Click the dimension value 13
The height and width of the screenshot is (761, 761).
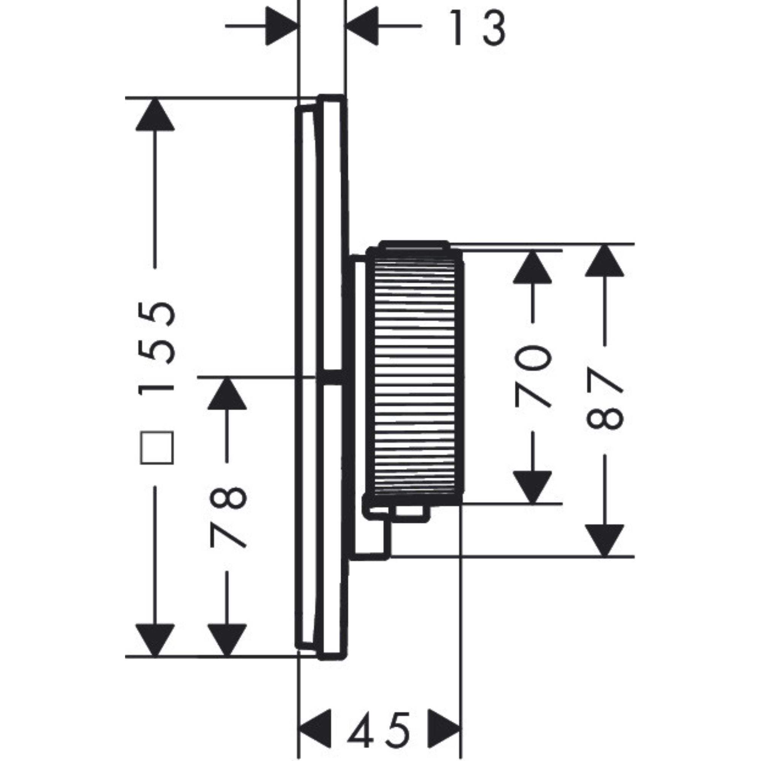[x=478, y=27]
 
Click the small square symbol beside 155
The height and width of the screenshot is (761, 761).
[x=157, y=448]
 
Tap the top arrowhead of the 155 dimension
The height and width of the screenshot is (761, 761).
[x=155, y=115]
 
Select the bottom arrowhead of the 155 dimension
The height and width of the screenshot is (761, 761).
[x=155, y=639]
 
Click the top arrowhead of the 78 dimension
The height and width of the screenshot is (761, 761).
[x=227, y=394]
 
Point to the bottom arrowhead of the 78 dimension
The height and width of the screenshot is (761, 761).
[x=227, y=639]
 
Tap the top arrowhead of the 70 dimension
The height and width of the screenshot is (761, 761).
[x=532, y=268]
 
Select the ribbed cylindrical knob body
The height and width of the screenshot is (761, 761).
[x=415, y=374]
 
